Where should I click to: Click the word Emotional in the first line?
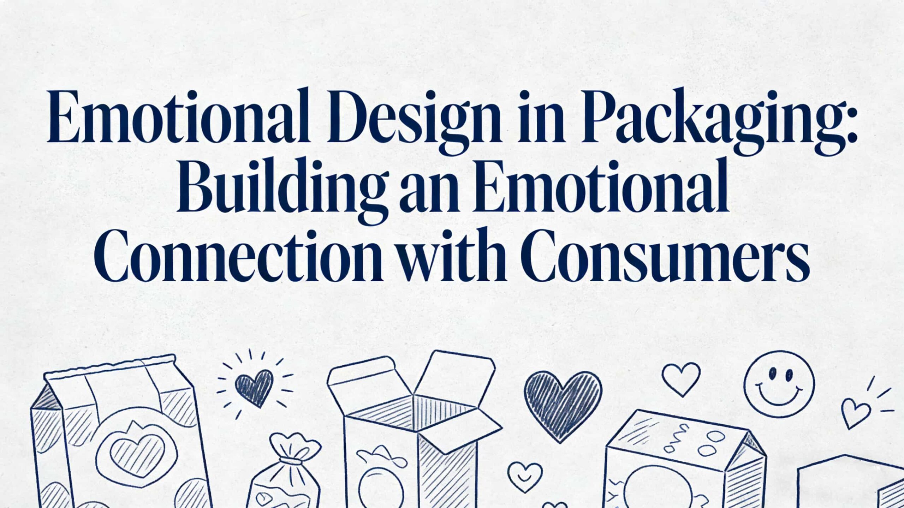(177, 116)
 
